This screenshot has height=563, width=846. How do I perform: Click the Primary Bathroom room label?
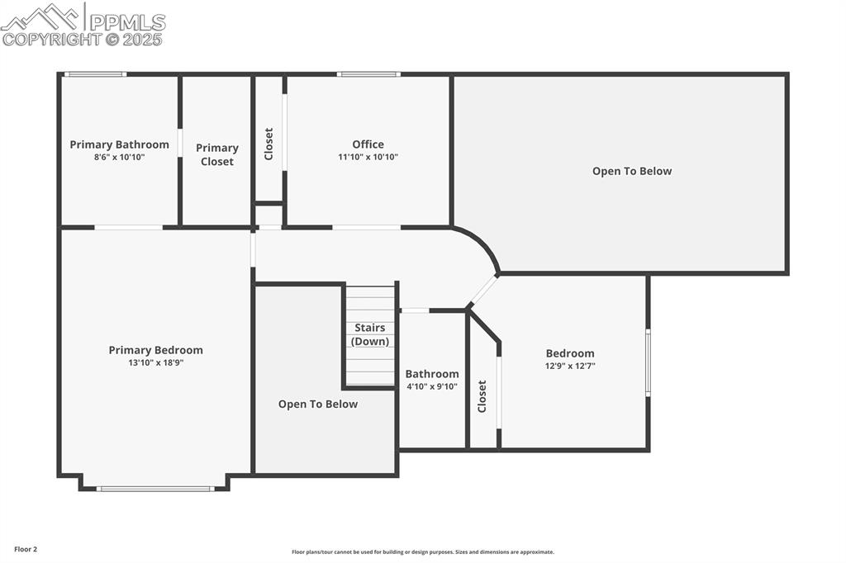coord(119,144)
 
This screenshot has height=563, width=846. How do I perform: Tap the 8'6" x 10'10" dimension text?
coord(119,157)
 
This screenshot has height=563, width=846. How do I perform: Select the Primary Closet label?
coord(216,154)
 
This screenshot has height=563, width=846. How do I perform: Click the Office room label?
coord(368,144)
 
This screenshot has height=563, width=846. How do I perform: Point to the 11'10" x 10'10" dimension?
coord(368,157)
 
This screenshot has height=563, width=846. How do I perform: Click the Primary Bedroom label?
coord(155,350)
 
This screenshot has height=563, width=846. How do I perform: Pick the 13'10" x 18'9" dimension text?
coord(155,362)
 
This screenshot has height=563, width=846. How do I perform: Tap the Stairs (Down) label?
coord(369,334)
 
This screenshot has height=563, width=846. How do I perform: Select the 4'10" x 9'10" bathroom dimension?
coord(431,386)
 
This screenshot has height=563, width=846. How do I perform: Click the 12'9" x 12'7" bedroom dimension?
coord(570,366)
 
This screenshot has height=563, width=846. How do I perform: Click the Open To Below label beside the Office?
coord(632,171)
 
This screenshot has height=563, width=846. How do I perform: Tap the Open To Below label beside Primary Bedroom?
coord(318,404)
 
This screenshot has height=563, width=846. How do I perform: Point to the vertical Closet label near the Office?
coord(269,144)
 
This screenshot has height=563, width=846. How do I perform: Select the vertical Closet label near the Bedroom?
coord(482,396)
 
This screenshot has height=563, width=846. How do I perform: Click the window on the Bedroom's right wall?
coord(648,362)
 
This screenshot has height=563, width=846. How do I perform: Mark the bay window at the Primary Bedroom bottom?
coord(155,489)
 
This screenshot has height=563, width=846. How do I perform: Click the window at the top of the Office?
coord(368,74)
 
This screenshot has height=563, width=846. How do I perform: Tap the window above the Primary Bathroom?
coord(95,74)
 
